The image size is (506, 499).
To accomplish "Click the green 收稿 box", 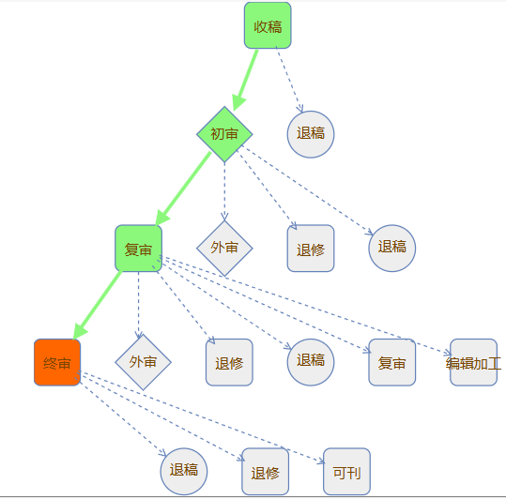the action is [x=268, y=25].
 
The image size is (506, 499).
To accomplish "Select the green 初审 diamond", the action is [x=224, y=134].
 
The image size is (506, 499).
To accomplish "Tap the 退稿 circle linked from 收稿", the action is [x=311, y=134].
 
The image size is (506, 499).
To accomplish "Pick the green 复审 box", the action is [x=138, y=249].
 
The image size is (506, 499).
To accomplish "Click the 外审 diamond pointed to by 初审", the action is [x=224, y=249].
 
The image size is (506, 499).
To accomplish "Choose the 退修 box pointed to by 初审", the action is [x=311, y=249].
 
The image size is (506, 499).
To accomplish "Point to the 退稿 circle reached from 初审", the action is [x=392, y=249].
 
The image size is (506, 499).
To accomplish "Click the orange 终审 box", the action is [x=57, y=362].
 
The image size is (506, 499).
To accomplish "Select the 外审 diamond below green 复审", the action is [x=143, y=362].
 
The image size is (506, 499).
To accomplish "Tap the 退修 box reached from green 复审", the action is [x=229, y=362].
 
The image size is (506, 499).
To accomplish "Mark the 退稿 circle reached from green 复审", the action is [x=311, y=362].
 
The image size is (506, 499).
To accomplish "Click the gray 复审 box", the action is [x=392, y=362].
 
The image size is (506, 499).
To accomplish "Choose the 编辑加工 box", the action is [x=473, y=362].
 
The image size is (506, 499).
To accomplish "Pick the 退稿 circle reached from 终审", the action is [x=184, y=471].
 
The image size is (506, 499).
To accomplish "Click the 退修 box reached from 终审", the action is [x=266, y=471].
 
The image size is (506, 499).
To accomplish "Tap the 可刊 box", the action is [x=346, y=471].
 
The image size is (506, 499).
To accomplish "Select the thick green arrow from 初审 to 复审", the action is [x=183, y=189].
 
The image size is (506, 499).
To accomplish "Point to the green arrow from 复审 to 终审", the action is [x=98, y=305].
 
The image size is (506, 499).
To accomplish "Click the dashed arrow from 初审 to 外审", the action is [x=224, y=191].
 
